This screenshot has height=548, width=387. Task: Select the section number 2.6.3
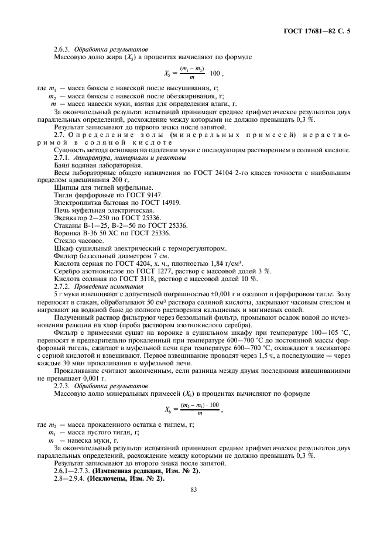[63, 50]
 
